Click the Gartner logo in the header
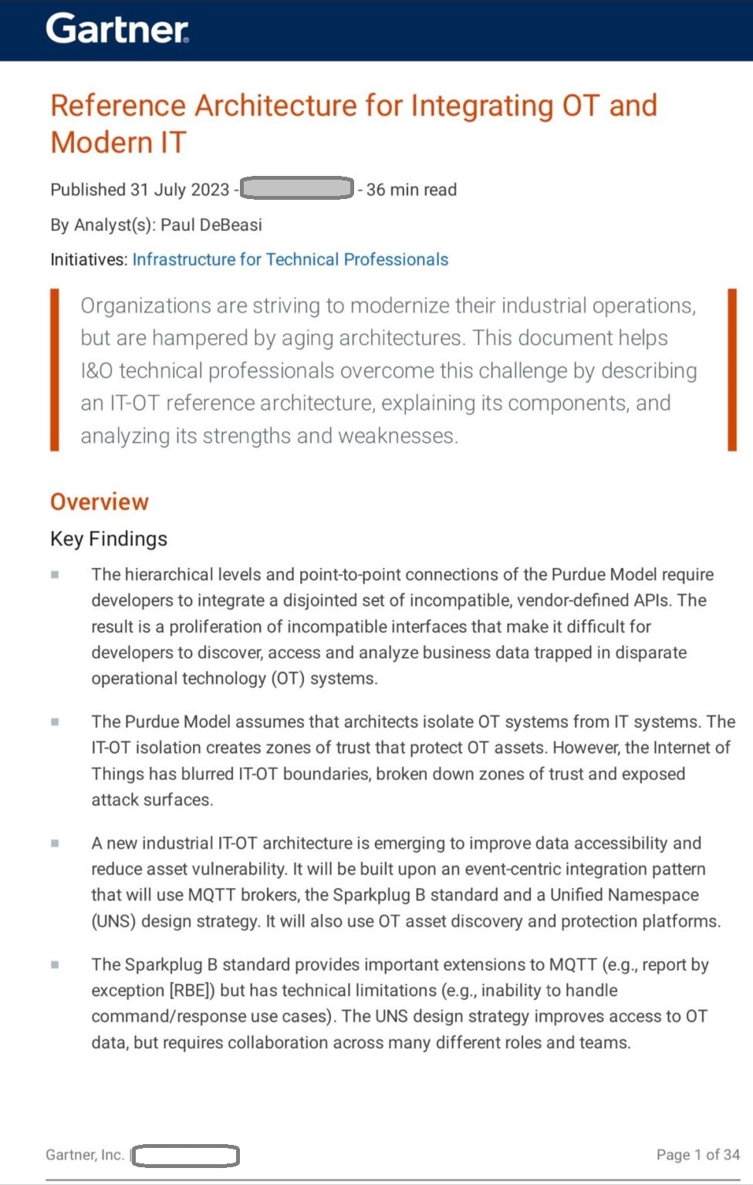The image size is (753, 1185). tap(117, 29)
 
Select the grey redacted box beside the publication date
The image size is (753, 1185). tap(297, 188)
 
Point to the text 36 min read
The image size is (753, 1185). tap(411, 190)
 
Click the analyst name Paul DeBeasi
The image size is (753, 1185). tap(211, 225)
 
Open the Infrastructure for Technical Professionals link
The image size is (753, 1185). tap(290, 260)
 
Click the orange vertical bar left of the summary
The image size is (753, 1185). tap(55, 370)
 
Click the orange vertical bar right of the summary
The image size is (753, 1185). tap(732, 370)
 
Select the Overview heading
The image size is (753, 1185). tap(100, 502)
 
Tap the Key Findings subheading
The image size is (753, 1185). tap(109, 539)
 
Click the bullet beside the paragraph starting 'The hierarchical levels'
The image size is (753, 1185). tap(55, 575)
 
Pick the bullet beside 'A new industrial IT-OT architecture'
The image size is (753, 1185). tap(55, 843)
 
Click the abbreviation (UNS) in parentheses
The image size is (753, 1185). tap(113, 921)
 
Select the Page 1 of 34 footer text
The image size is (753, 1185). tap(697, 1155)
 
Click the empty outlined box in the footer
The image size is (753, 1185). tap(185, 1156)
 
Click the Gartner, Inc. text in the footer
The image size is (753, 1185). tap(85, 1155)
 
